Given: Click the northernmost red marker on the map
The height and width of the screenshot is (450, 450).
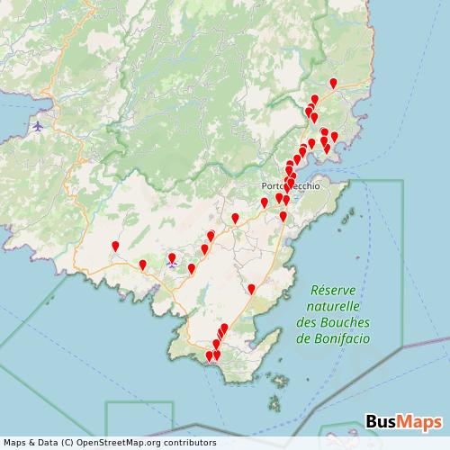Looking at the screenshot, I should pos(333,84).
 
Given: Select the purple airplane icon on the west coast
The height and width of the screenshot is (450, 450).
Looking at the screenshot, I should pos(37,126).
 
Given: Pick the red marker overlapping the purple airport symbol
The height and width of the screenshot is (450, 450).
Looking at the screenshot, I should pos(172,259).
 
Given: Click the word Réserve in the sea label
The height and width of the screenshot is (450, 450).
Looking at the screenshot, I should pos(334,292).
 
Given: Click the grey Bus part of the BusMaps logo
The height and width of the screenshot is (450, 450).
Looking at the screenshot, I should pos(382,420).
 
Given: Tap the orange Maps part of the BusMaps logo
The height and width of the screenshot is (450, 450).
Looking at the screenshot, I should pos(420,420).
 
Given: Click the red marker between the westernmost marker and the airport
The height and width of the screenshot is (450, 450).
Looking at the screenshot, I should pos(142,265).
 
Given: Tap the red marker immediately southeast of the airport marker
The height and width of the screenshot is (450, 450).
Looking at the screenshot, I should pos(191,268).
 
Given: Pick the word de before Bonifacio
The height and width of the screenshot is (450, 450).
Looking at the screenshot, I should pos(302,340).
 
